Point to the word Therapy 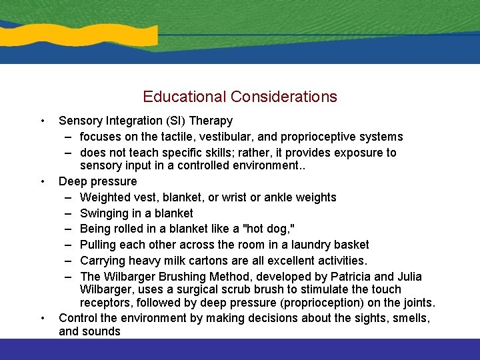pyautogui.click(x=212, y=121)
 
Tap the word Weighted pyautogui.click(x=104, y=197)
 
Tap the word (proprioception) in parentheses pyautogui.click(x=335, y=303)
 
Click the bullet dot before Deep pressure pyautogui.click(x=43, y=181)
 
